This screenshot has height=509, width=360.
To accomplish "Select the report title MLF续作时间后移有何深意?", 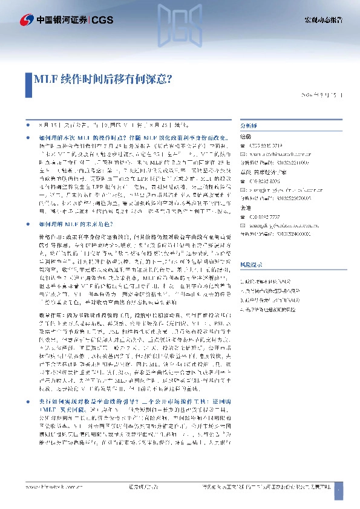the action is [102, 79].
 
